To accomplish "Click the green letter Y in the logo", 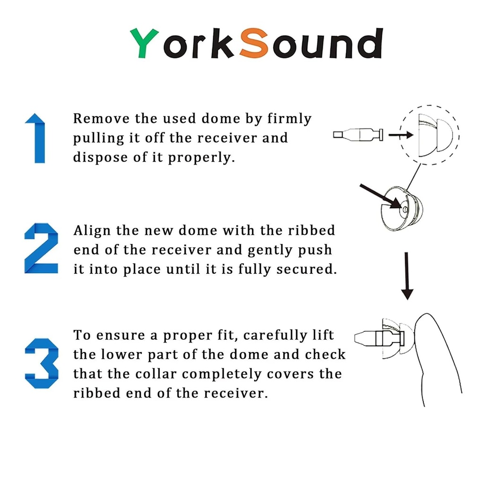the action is click(x=144, y=43).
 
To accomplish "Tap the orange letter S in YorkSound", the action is click(x=254, y=43).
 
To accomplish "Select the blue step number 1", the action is click(x=35, y=138).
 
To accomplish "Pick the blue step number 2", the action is click(x=41, y=249).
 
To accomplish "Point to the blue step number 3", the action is click(x=42, y=363).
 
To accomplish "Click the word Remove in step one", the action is click(x=101, y=119).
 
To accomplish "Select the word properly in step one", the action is click(x=201, y=158).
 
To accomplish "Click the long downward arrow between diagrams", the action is click(x=407, y=276).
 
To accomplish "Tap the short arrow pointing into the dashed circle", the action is click(x=401, y=135).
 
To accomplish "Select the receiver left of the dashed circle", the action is click(x=358, y=135).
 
